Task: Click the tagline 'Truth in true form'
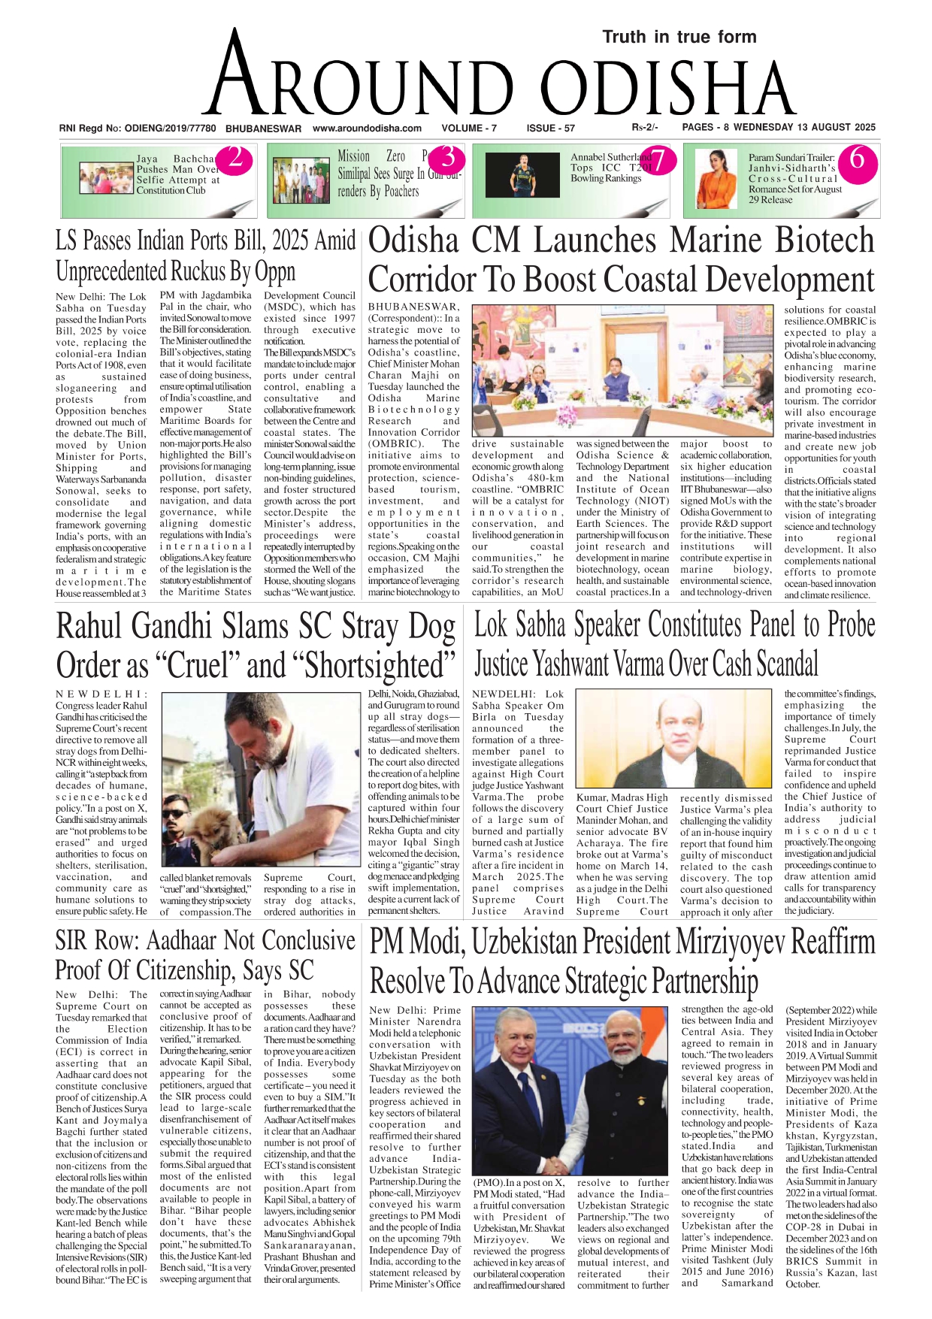tap(679, 37)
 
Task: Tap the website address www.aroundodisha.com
tap(367, 129)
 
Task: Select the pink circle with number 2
tap(235, 159)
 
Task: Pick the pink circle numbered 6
tap(856, 159)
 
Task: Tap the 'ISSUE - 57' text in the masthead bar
tap(551, 129)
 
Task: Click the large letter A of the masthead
tap(235, 79)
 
